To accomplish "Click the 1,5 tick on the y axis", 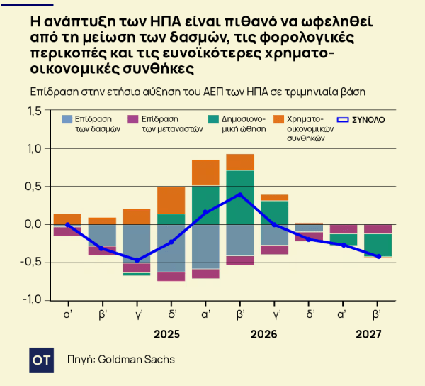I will coord(33,111).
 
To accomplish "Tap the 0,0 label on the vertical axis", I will coord(33,224).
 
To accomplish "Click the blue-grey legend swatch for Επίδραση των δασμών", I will coord(67,120).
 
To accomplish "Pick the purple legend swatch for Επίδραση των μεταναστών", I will coord(132,120).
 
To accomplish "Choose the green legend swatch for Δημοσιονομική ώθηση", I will coord(213,120).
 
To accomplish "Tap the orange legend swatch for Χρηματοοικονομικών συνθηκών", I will coord(278,120).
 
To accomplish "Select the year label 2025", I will coord(167,334).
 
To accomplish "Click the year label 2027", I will coord(369,334).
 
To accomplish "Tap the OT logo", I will coord(41,360).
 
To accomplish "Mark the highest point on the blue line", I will coord(240,194).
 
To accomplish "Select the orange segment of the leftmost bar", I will coord(67,219).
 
